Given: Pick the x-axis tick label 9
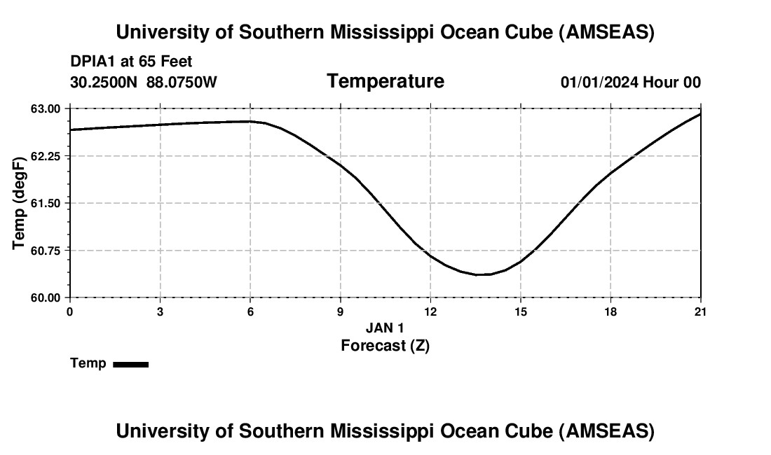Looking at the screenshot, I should tap(341, 311).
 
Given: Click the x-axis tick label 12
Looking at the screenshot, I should tap(430, 311).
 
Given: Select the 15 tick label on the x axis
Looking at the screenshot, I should tap(521, 311).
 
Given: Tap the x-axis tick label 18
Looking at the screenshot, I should tap(610, 311).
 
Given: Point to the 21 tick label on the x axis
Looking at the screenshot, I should tap(701, 311).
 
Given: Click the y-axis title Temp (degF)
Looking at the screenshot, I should tap(20, 203).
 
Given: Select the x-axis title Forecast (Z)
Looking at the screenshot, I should tap(385, 345).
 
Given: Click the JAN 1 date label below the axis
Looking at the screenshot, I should tap(385, 328).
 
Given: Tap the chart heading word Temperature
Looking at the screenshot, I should tap(385, 81).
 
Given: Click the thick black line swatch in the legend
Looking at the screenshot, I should tap(130, 364).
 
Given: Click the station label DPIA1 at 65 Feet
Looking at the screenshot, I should tap(131, 62).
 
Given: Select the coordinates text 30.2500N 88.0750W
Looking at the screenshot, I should tap(144, 82).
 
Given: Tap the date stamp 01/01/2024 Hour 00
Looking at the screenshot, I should tap(630, 82).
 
